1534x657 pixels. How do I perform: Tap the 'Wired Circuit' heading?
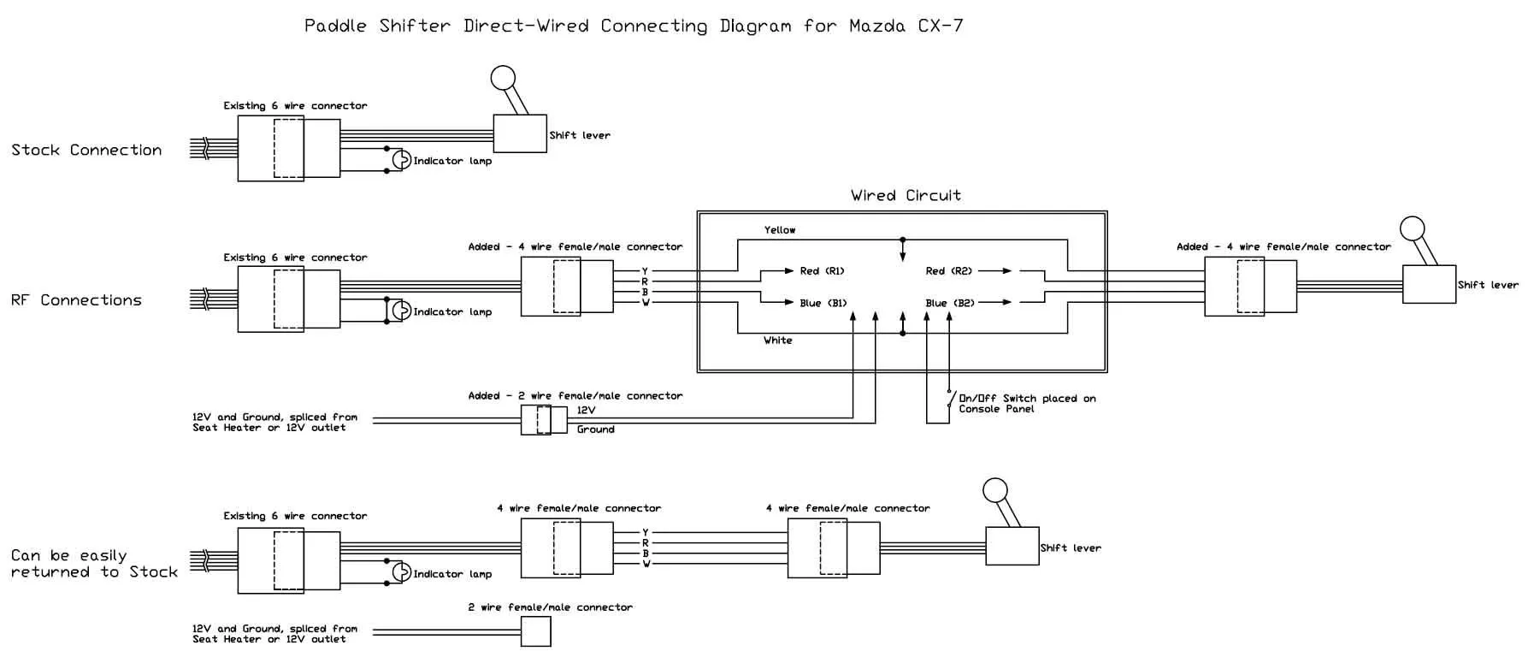point(906,196)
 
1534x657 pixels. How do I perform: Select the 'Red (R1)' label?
point(822,271)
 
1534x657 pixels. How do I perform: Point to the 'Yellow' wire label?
point(780,230)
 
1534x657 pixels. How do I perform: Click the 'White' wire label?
point(777,340)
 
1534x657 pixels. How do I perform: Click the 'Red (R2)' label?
point(948,271)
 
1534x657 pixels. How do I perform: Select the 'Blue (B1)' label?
point(823,303)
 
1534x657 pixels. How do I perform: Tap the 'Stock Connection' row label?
point(86,151)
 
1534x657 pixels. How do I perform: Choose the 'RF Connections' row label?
point(76,300)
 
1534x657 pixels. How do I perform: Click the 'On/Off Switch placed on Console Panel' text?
point(1026,404)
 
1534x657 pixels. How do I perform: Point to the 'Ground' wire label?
point(595,429)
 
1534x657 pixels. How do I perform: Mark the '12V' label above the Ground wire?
point(587,411)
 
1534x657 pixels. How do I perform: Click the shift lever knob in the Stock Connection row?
point(503,79)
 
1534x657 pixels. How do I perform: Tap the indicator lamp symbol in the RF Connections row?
point(401,311)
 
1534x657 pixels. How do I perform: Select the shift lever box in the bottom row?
point(1012,546)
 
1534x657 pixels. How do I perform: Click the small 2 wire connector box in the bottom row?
point(536,632)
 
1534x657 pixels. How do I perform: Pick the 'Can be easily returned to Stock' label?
point(94,564)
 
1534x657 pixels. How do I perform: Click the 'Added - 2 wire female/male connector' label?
point(575,396)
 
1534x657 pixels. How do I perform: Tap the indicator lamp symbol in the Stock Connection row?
point(401,160)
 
